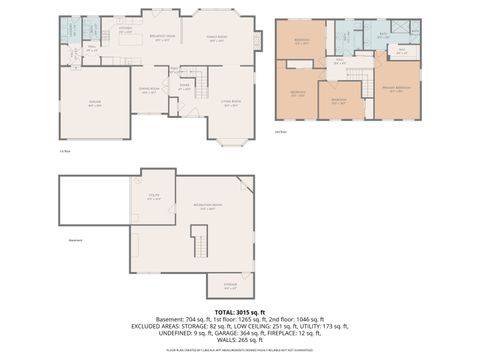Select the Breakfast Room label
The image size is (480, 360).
(x=163, y=38)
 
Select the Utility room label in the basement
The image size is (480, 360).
(x=152, y=198)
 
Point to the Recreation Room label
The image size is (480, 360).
(x=208, y=208)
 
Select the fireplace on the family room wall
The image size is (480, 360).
(x=259, y=41)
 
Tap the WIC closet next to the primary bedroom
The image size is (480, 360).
(x=401, y=53)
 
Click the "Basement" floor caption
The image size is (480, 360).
(x=74, y=241)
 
